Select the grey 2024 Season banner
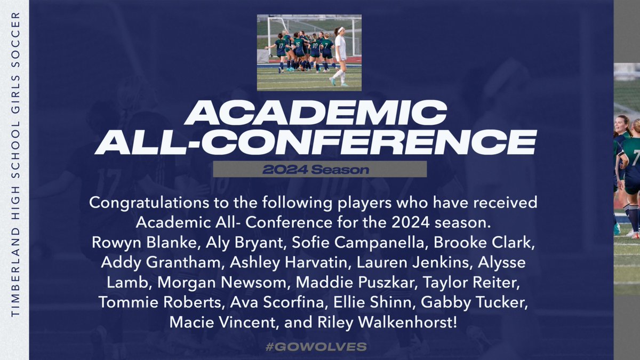point(319,169)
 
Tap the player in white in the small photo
point(339,55)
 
